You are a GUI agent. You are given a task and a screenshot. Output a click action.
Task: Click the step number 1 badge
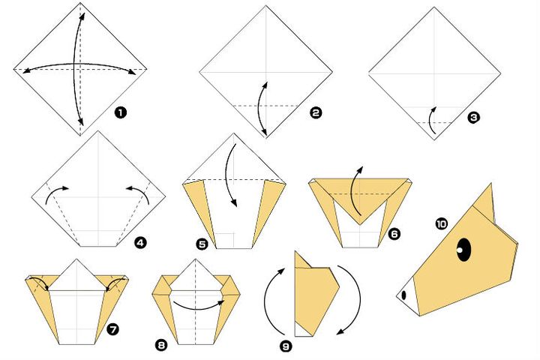pos(120,112)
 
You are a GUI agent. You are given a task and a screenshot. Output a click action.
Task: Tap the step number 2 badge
pos(315,112)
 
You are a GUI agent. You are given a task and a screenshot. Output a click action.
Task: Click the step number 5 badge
pos(202,244)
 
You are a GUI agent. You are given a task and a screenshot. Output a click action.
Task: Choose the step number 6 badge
pos(394,234)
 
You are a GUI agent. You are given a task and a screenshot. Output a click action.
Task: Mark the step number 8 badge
pos(161,345)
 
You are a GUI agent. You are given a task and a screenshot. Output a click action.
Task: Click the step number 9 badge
pos(285,346)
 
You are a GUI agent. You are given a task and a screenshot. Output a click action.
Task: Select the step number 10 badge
pos(441,223)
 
